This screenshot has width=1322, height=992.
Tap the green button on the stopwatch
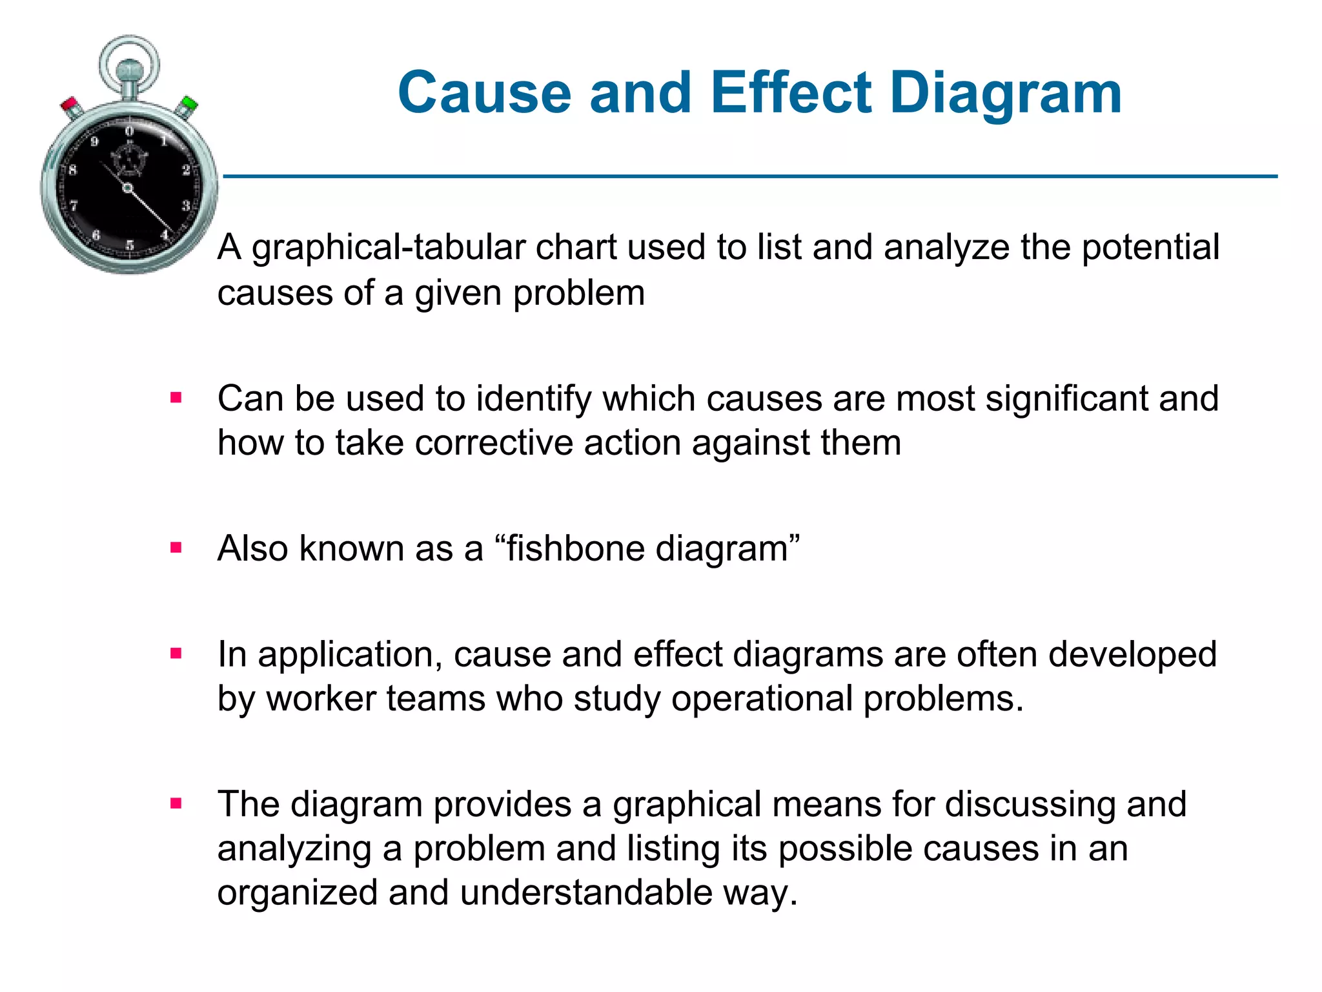[x=188, y=104]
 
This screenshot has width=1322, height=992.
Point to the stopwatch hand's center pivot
[x=127, y=188]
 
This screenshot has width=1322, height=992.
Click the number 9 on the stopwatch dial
[x=94, y=141]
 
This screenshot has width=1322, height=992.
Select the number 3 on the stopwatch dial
[x=185, y=205]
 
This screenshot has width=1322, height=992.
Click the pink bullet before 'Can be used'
[x=176, y=398]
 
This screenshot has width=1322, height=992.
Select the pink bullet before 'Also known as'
[x=176, y=548]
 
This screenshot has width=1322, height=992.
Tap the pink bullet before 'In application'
[x=176, y=654]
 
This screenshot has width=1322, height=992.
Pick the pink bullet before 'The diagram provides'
[x=176, y=803]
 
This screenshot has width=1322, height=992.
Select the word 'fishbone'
[x=576, y=548]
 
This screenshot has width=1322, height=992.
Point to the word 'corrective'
[x=494, y=443]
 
